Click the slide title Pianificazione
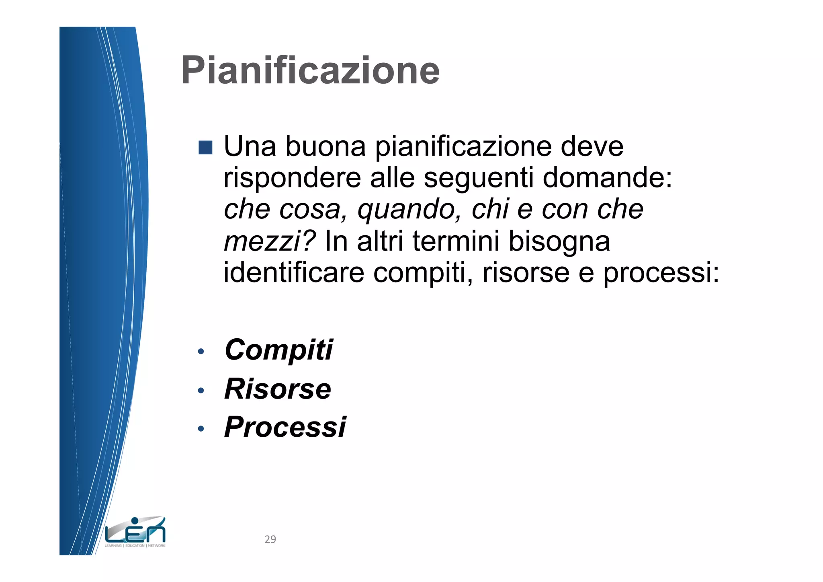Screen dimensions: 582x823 (x=310, y=70)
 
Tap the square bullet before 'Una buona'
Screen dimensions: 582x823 (x=205, y=147)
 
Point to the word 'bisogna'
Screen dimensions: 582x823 (x=559, y=242)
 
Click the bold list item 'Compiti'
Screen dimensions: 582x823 (x=279, y=350)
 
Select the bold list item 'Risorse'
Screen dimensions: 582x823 (x=278, y=389)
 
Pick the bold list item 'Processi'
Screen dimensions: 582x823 (x=285, y=427)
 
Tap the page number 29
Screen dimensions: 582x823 (x=270, y=539)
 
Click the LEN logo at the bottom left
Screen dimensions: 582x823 (x=135, y=531)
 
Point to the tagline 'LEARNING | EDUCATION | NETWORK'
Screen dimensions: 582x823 (x=135, y=546)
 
